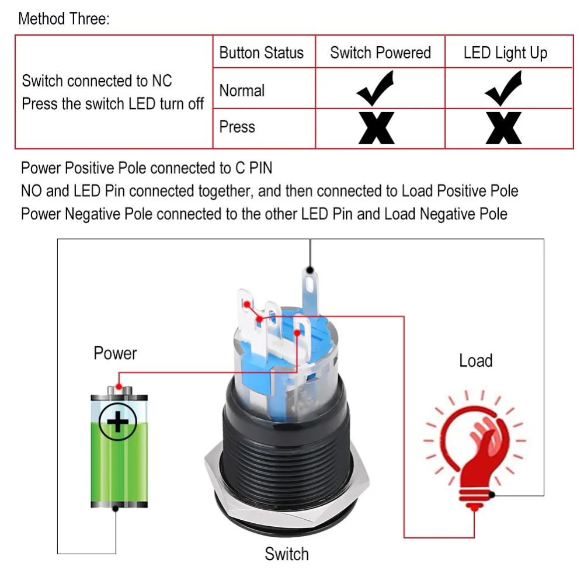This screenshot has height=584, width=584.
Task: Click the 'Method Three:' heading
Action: pyautogui.click(x=64, y=19)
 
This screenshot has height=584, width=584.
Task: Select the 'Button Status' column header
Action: pyautogui.click(x=262, y=53)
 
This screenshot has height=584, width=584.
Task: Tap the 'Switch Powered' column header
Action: pyautogui.click(x=380, y=53)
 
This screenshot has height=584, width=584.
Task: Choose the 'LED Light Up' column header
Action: pyautogui.click(x=505, y=53)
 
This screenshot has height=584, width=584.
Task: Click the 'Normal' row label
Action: pyautogui.click(x=242, y=91)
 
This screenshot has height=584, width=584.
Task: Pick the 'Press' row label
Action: pyautogui.click(x=237, y=127)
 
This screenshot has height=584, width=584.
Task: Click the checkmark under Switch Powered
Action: pyautogui.click(x=376, y=88)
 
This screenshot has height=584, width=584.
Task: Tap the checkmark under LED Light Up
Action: pyautogui.click(x=504, y=88)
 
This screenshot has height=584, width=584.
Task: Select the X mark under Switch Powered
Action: pyautogui.click(x=376, y=128)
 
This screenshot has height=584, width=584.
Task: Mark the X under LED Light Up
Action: pyautogui.click(x=503, y=128)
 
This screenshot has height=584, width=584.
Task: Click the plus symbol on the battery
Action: pyautogui.click(x=118, y=422)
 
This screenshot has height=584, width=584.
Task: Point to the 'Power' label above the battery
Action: pyautogui.click(x=115, y=353)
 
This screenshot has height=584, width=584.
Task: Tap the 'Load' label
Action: pyautogui.click(x=475, y=360)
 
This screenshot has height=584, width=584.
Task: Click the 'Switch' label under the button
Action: pyautogui.click(x=287, y=554)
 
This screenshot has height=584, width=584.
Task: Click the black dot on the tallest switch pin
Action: pyautogui.click(x=310, y=270)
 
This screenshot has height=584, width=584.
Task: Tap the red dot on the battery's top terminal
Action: pyautogui.click(x=119, y=387)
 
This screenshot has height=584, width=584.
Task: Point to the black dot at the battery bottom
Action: pyautogui.click(x=116, y=509)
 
